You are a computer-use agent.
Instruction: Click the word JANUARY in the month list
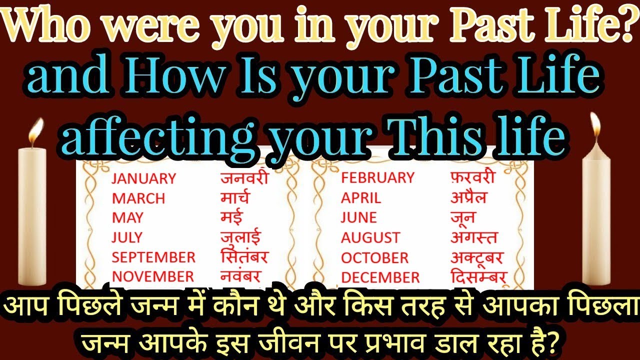point(143,178)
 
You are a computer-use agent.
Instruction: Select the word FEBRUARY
point(377,177)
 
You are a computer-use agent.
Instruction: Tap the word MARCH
point(138,198)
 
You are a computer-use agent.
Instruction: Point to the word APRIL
point(361,197)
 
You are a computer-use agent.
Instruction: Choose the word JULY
point(127,237)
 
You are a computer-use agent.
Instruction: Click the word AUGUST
point(370,237)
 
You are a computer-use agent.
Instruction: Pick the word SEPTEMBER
point(153,257)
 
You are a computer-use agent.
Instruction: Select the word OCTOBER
point(375,257)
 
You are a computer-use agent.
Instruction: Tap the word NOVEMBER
point(152,276)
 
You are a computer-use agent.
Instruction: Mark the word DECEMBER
point(380,277)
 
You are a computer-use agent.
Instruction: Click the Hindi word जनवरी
point(244,177)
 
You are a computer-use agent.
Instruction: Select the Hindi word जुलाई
point(240,236)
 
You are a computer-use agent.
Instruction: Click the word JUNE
point(358,217)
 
